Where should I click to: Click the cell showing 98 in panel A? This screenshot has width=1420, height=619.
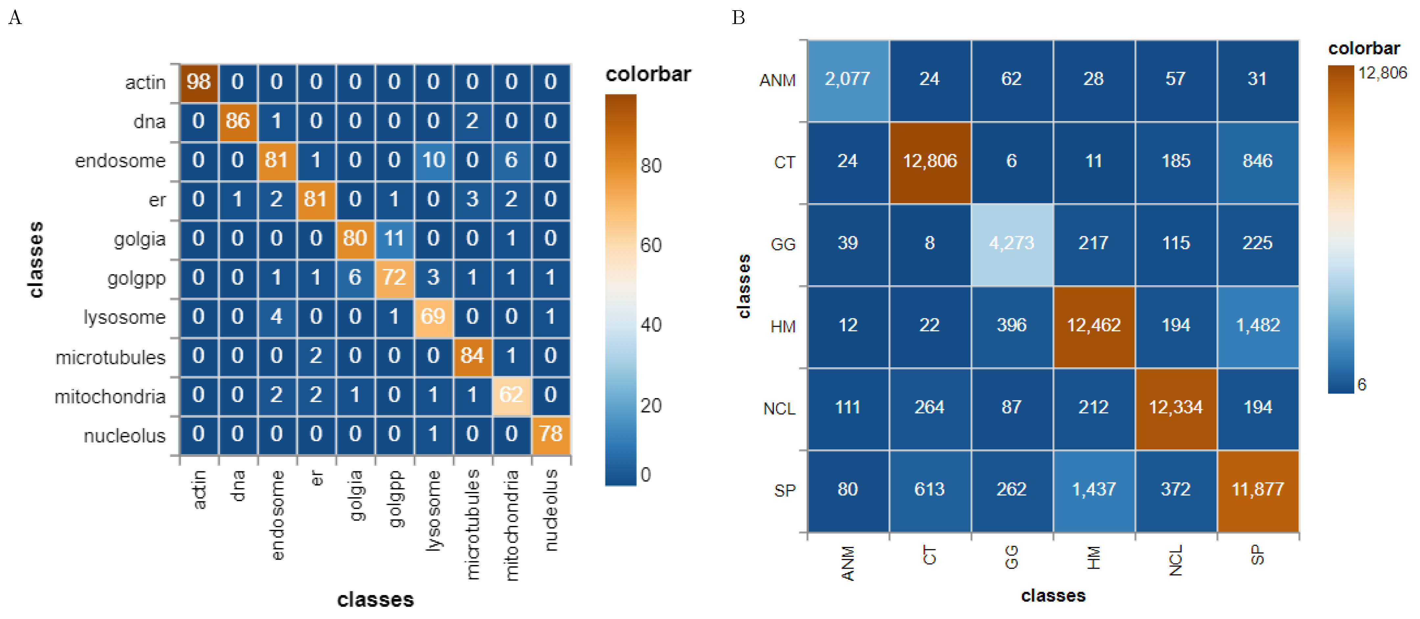click(x=199, y=82)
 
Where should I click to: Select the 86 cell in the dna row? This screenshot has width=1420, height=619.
click(x=238, y=121)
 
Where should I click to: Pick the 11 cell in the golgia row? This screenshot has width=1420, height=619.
click(x=394, y=238)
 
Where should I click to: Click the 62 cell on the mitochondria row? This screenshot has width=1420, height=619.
click(x=511, y=395)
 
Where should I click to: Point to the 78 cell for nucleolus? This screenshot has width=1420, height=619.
click(x=551, y=434)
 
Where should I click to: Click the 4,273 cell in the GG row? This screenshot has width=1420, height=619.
click(x=1011, y=243)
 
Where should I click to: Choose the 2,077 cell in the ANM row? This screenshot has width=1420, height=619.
click(x=847, y=79)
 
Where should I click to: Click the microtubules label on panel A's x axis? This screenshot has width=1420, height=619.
click(x=472, y=524)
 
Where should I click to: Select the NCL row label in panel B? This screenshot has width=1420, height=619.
click(x=779, y=409)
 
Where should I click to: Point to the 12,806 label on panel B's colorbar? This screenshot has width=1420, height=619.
click(x=1382, y=73)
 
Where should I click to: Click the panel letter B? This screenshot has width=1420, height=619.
click(x=738, y=18)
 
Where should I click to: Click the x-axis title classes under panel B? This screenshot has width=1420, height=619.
click(x=1053, y=596)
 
